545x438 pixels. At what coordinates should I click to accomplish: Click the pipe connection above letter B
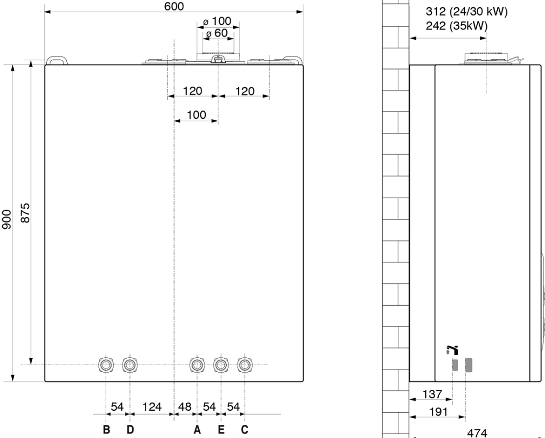pyautogui.click(x=106, y=365)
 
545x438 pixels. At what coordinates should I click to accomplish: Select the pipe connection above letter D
pyautogui.click(x=130, y=365)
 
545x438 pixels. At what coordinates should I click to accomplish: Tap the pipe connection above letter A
pyautogui.click(x=197, y=365)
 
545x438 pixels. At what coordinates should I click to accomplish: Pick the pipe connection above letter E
pyautogui.click(x=221, y=365)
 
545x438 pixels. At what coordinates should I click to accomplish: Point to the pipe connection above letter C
pyautogui.click(x=245, y=365)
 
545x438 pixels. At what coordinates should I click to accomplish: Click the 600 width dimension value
pyautogui.click(x=174, y=6)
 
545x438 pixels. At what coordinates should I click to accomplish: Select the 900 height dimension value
pyautogui.click(x=7, y=219)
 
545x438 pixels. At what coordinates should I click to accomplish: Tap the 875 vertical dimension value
pyautogui.click(x=25, y=213)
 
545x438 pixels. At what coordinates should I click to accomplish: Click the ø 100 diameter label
pyautogui.click(x=217, y=21)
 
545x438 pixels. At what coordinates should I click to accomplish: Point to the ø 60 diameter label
pyautogui.click(x=216, y=33)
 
